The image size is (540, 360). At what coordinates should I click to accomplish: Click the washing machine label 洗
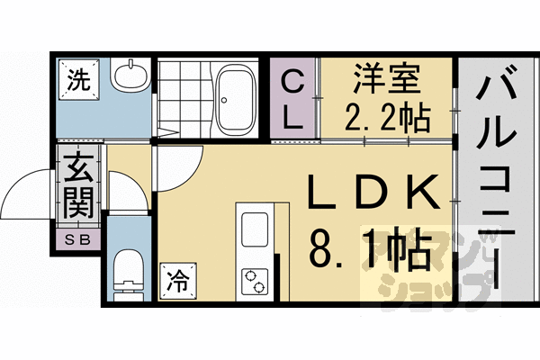pyautogui.click(x=77, y=78)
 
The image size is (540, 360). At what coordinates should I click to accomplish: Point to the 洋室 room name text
pyautogui.click(x=384, y=79)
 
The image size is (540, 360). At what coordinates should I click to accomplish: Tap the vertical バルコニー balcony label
pyautogui.click(x=496, y=180)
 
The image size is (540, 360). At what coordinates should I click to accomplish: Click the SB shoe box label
pyautogui.click(x=78, y=239)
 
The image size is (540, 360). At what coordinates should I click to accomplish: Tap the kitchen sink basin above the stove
pyautogui.click(x=252, y=224)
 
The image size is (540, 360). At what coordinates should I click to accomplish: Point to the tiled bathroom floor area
pyautogui.click(x=184, y=94)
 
